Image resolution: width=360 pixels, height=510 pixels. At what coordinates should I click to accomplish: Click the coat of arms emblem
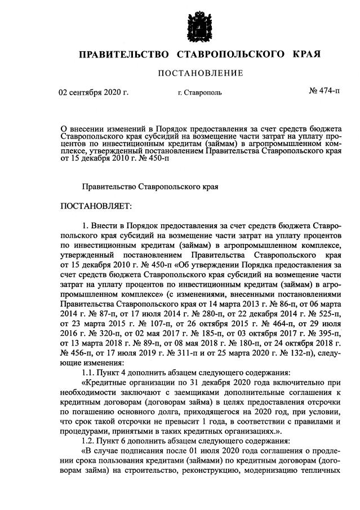[199, 26]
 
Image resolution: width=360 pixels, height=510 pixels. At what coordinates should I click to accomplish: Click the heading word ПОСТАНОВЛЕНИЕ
[200, 73]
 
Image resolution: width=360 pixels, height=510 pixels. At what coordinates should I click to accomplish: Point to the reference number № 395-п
[322, 335]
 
